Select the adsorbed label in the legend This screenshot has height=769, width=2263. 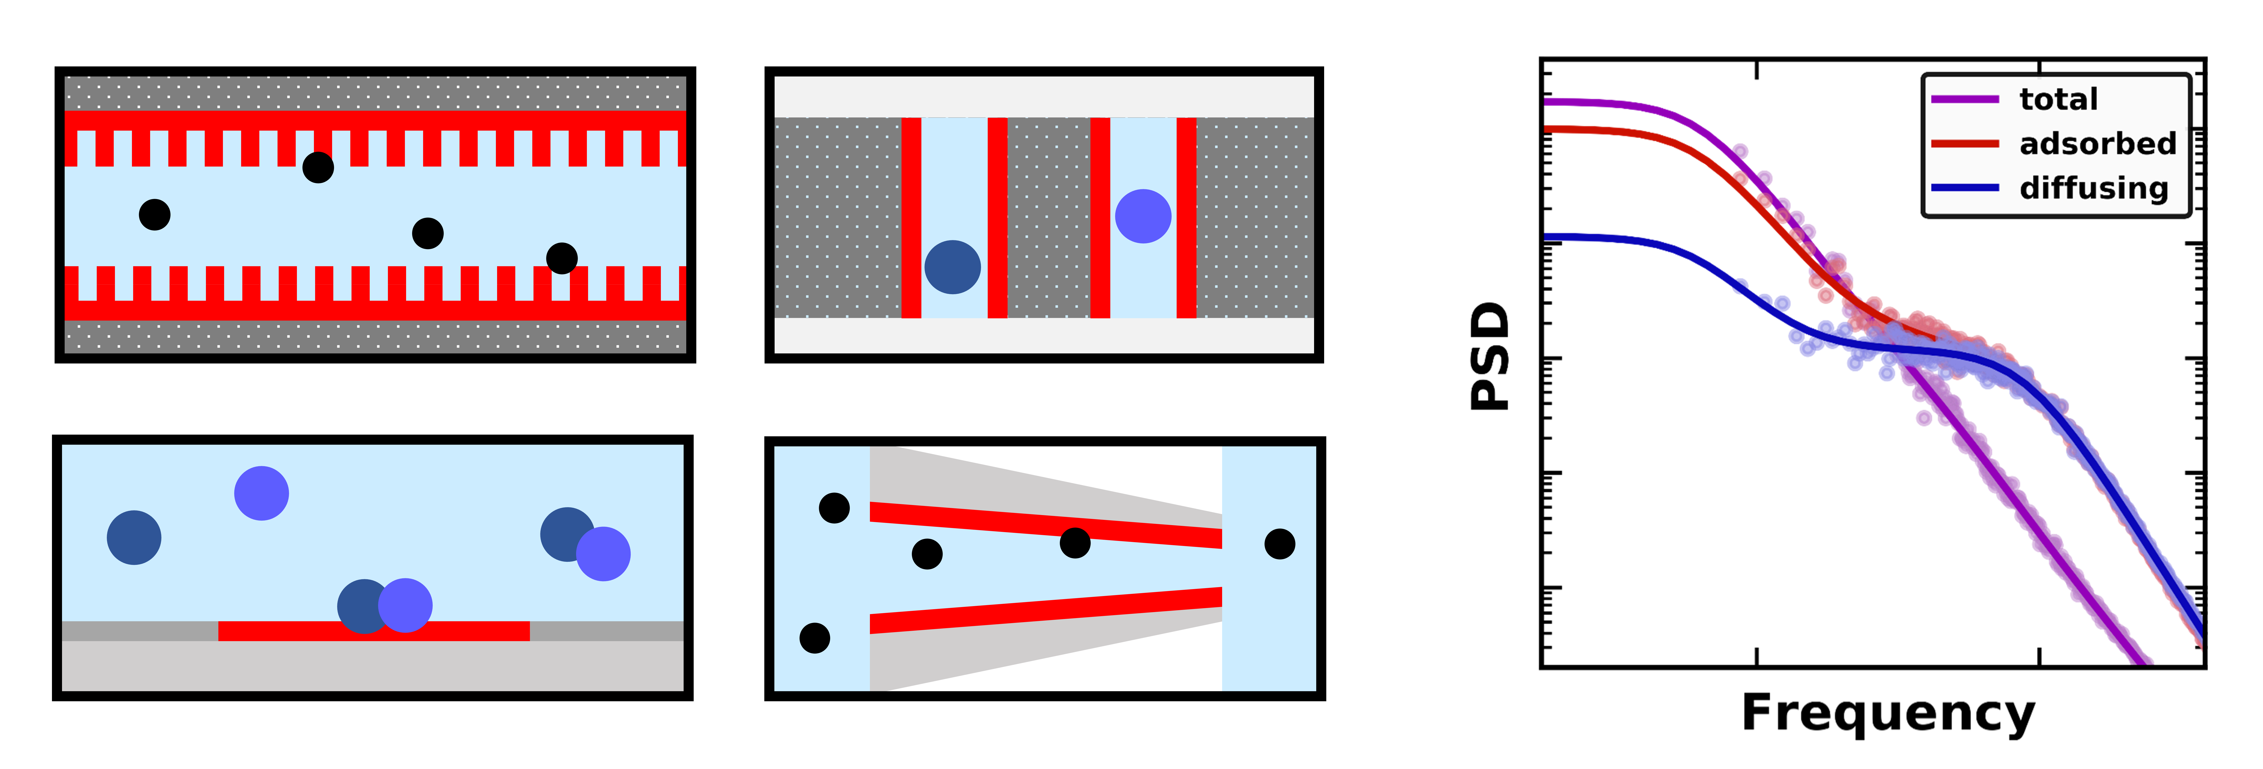(x=2097, y=143)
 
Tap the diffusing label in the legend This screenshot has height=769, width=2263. (x=2093, y=188)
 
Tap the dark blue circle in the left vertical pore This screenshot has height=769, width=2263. (x=952, y=267)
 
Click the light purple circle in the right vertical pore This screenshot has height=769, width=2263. (x=1143, y=216)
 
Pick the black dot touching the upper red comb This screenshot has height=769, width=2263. (x=318, y=167)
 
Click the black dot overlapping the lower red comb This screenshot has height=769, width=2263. (x=561, y=258)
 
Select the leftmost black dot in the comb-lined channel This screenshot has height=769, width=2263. (x=155, y=214)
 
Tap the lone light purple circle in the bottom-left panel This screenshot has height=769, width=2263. (x=261, y=493)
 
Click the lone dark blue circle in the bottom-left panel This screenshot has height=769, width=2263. (x=134, y=537)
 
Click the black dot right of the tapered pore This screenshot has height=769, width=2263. (x=1279, y=544)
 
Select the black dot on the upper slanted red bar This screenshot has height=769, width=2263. (x=1074, y=542)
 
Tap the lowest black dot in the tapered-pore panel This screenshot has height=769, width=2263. (x=814, y=637)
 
